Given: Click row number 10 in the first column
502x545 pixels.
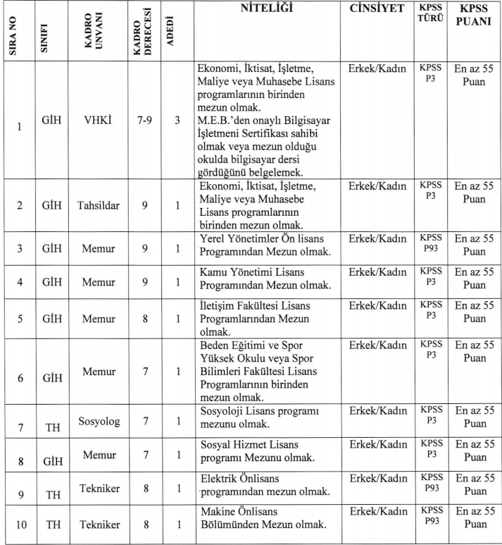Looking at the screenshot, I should (x=20, y=525).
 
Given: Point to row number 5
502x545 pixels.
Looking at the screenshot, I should (x=20, y=318).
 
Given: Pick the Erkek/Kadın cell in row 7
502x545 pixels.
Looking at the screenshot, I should (x=377, y=410).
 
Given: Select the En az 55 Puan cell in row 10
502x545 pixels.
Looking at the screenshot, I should (x=475, y=518).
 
